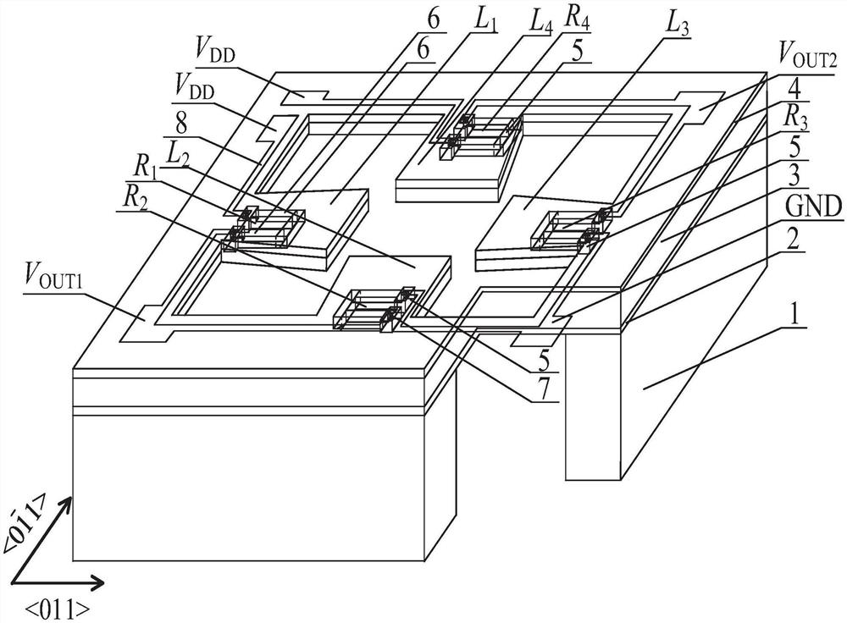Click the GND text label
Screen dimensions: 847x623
tap(815, 207)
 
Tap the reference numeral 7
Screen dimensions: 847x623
tap(544, 388)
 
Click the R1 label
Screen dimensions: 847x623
tap(144, 168)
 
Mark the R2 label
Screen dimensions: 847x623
tap(133, 199)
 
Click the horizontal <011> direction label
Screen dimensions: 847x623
tap(58, 609)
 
